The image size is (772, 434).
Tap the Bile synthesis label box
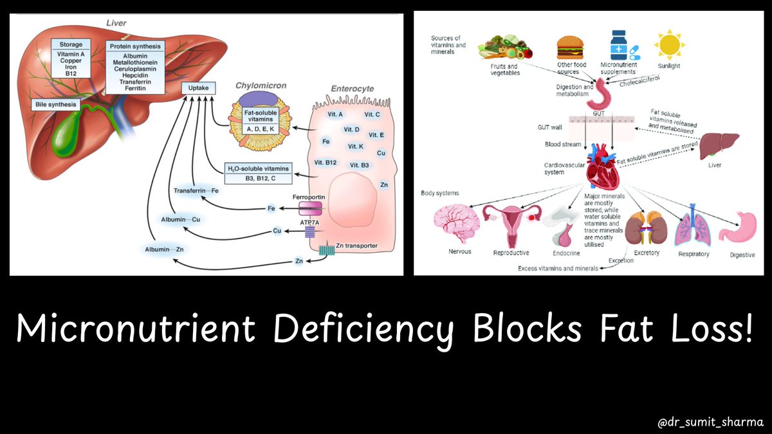56,105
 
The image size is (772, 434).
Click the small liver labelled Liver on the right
720,145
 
